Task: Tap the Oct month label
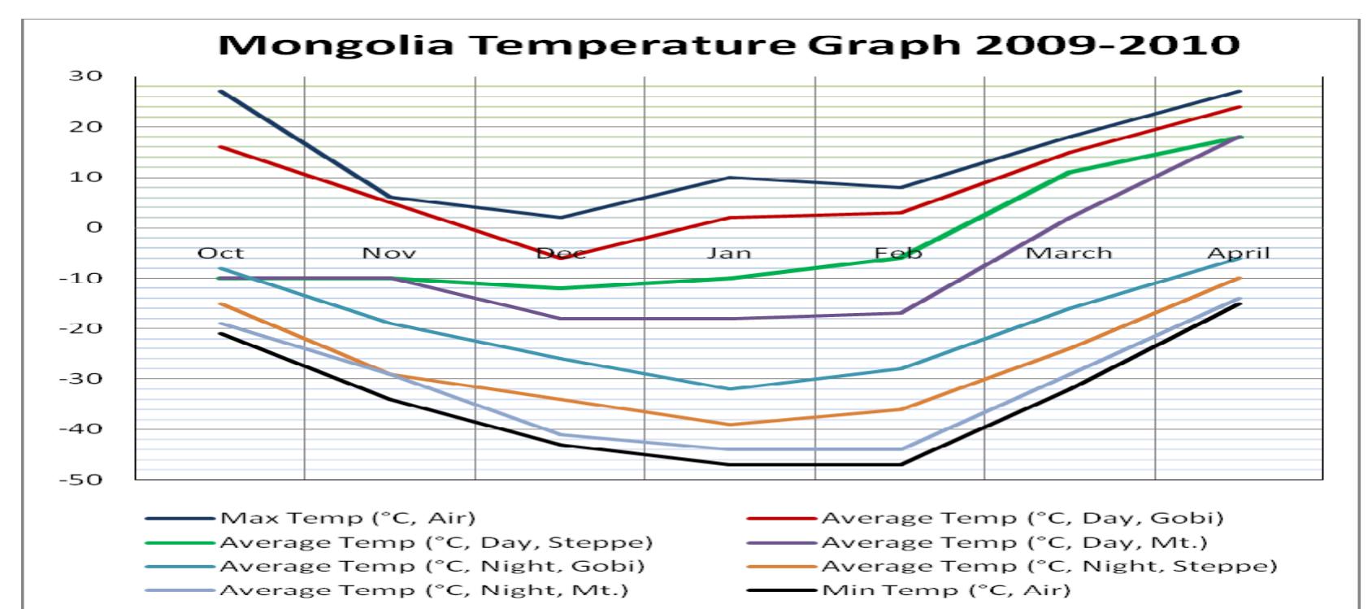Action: [220, 253]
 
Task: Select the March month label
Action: [1068, 253]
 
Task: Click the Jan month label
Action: [729, 253]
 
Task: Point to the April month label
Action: [1238, 253]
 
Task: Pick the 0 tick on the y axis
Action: [95, 228]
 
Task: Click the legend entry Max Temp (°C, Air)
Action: [348, 518]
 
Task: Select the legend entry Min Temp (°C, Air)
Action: [946, 590]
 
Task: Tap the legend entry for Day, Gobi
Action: [1022, 518]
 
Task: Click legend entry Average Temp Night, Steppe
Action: [1049, 566]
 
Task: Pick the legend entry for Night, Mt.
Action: [423, 590]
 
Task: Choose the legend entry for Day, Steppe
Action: [436, 542]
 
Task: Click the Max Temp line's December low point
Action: [559, 217]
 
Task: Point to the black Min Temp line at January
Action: [729, 464]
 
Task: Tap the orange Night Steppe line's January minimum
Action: [729, 424]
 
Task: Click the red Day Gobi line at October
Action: [220, 147]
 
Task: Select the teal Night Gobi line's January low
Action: [729, 389]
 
